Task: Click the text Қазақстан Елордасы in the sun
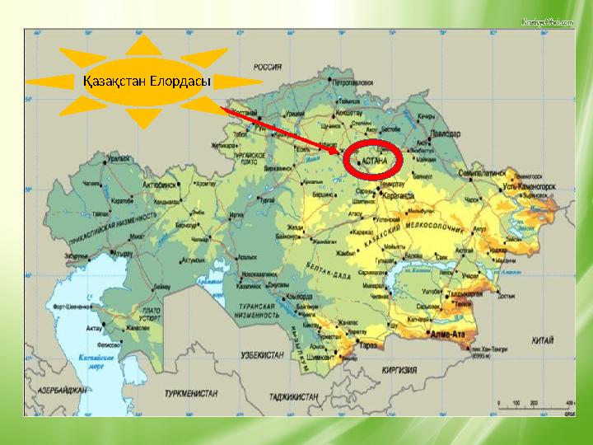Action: click(x=147, y=82)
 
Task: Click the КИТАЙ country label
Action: click(x=541, y=340)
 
